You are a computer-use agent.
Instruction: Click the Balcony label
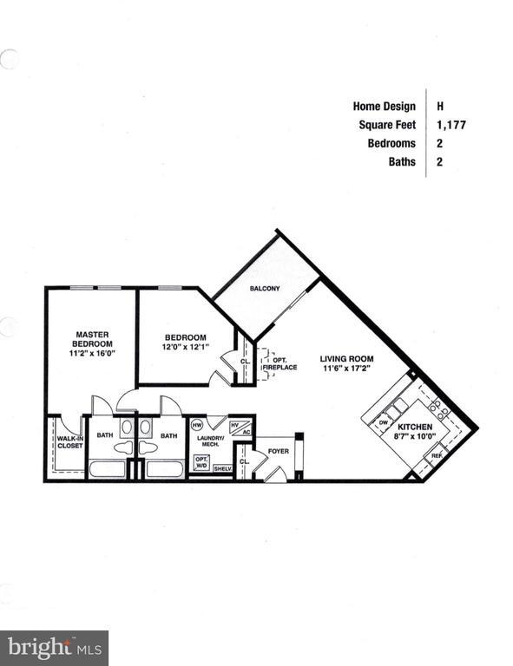point(265,288)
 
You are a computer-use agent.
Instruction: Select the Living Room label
point(346,358)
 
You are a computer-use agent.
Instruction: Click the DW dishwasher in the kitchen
point(384,422)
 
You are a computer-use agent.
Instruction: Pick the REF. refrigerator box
point(437,455)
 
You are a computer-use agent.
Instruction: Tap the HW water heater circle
point(197,425)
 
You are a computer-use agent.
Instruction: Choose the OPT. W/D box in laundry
point(201,462)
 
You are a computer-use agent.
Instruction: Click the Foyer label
point(278,451)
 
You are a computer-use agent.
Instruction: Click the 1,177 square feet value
point(451,125)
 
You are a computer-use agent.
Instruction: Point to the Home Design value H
point(440,106)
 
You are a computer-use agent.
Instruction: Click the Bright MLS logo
point(54,647)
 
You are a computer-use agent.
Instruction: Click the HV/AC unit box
point(240,428)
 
